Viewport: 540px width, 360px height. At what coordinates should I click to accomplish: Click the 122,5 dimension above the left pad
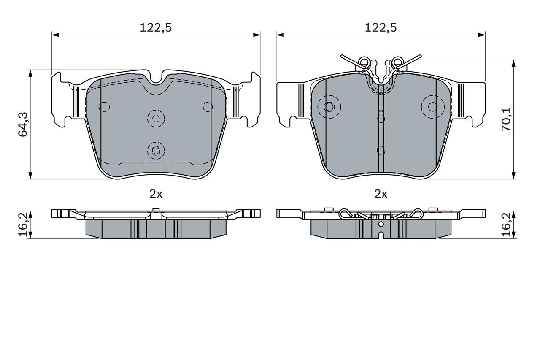pos(156,28)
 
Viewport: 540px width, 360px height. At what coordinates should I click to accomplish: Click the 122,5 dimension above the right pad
pos(381,28)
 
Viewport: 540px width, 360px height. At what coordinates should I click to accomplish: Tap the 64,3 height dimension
pos(23,125)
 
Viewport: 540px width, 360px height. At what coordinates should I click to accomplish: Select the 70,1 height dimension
pos(506,119)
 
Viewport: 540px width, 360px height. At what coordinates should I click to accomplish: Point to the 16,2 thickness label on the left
pos(23,225)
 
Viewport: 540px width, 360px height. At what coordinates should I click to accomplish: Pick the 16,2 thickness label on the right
pos(506,225)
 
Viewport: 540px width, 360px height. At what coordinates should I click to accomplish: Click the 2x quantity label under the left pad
pos(156,194)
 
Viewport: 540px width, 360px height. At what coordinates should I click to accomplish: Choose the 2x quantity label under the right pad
pos(381,194)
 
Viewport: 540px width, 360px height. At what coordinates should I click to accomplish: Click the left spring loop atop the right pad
pos(364,62)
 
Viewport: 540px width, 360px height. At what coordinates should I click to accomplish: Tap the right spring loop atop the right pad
pos(397,62)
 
